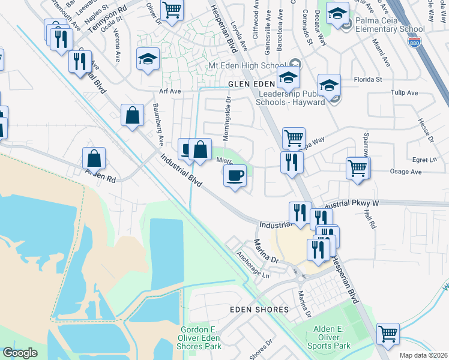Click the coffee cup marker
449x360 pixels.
click(235, 176)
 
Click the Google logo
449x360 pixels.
click(20, 353)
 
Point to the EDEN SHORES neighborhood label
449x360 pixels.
click(260, 310)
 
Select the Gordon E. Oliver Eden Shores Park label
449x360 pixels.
click(200, 337)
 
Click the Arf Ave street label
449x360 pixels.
click(170, 91)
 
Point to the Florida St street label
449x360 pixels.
click(367, 79)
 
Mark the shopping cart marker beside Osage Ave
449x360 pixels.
click(358, 168)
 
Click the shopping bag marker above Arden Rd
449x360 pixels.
click(94, 158)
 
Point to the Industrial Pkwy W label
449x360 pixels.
click(351, 204)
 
